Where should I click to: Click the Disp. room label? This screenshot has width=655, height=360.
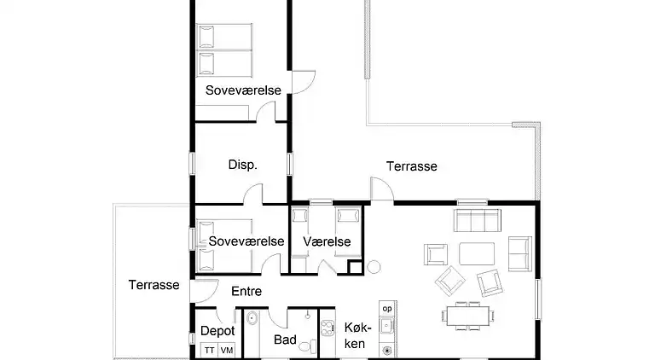pos(242,165)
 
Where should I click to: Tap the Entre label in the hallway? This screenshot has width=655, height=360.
pos(246,291)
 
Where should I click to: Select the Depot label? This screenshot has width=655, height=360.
pos(217,332)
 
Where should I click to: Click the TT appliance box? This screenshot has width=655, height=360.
pos(209,350)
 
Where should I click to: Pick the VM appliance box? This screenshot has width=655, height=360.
pos(226,350)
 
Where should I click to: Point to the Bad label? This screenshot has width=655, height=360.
pos(286,340)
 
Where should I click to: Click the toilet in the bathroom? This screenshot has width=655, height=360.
pos(308,346)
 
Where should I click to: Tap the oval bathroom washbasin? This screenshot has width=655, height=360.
pos(252,318)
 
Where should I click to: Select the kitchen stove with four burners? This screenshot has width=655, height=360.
pos(327,328)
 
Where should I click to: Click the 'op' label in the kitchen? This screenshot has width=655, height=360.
pos(387,309)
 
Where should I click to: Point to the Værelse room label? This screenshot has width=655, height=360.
pos(327,241)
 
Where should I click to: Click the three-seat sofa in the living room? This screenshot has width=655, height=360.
pos(478,220)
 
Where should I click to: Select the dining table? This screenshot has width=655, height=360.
pos(468,316)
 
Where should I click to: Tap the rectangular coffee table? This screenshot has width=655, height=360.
pos(477,253)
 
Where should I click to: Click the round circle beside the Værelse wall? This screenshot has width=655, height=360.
pos(374,266)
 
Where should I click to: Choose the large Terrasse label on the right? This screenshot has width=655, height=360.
pos(411,166)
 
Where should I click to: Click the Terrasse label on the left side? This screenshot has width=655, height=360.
pos(154,285)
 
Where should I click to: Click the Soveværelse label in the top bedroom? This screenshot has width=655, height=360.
pos(243,90)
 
